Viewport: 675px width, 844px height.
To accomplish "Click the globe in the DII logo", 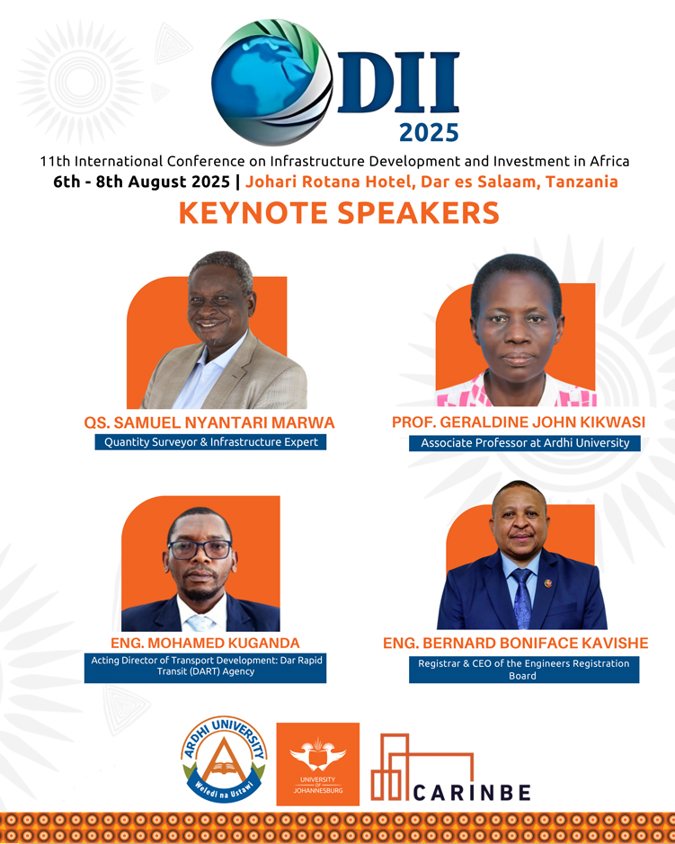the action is click(x=271, y=83).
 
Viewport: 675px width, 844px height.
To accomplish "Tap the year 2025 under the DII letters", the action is click(x=429, y=133).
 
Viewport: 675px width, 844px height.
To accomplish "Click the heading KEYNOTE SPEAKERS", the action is click(x=339, y=213).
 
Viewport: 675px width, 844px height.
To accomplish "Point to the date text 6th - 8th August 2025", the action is click(x=142, y=182).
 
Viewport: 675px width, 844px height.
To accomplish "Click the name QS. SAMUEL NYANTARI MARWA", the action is click(x=209, y=422).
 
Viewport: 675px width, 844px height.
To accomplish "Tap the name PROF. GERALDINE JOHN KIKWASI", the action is click(x=519, y=422).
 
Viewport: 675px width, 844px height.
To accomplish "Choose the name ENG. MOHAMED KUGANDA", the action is click(x=205, y=643).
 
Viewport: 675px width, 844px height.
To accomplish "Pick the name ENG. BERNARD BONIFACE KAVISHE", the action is click(x=516, y=643).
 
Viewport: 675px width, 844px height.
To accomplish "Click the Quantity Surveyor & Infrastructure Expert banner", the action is click(x=210, y=442).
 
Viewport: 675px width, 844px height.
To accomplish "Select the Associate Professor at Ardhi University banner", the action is click(x=525, y=443).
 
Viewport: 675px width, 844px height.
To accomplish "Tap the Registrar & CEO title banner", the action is click(x=524, y=670).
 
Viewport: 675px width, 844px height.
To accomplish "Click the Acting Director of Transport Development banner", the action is click(x=205, y=668).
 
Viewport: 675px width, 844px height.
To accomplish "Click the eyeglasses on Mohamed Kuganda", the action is click(x=200, y=549).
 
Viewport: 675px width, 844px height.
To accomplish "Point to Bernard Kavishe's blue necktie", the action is click(x=522, y=598).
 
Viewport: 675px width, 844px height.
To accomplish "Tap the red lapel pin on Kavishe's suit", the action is click(x=548, y=583).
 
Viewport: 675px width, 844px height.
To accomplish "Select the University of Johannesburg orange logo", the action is click(x=317, y=764).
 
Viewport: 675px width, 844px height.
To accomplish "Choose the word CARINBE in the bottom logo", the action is click(x=472, y=793).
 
